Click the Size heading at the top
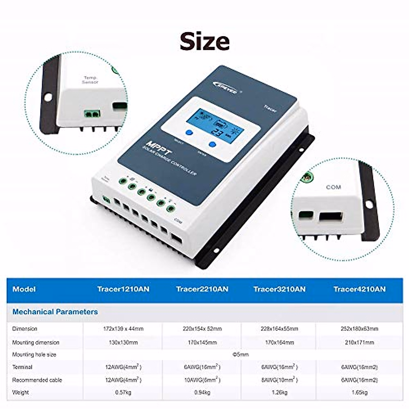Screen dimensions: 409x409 click(204, 41)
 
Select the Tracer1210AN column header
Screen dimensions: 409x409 click(123, 289)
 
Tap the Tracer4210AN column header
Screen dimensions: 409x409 click(360, 289)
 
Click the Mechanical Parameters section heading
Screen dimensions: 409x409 click(55, 312)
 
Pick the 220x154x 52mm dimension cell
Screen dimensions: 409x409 click(202, 329)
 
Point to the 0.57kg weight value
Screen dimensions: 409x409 click(123, 392)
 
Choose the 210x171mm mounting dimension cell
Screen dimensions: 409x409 click(359, 342)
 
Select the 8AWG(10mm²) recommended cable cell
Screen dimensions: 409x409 click(279, 380)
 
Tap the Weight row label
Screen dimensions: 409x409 click(20, 392)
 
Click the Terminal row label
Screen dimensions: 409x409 click(22, 367)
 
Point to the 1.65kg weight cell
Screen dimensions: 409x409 click(359, 392)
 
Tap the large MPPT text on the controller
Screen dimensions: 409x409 click(160, 147)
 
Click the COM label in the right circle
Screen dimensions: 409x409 click(333, 187)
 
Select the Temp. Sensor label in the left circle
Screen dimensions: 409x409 click(90, 80)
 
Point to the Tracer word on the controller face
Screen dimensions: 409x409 click(270, 109)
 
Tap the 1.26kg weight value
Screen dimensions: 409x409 click(279, 392)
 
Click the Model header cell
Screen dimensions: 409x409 click(24, 289)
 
